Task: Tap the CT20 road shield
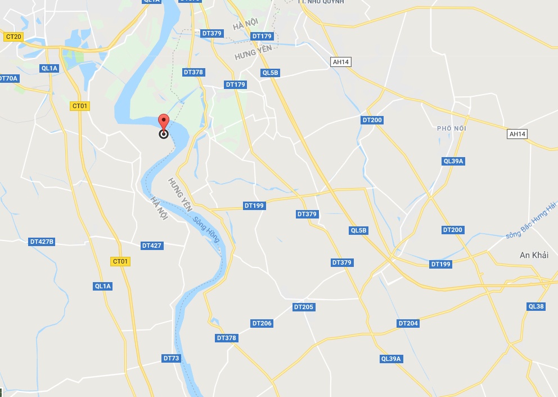(x=13, y=37)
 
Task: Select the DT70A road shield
(x=8, y=78)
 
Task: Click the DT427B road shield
(x=42, y=242)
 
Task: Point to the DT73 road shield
(x=171, y=358)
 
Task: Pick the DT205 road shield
(x=304, y=307)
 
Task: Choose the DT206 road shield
(x=262, y=323)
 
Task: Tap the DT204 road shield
(x=408, y=323)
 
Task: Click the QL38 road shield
(x=536, y=306)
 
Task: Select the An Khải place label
(x=534, y=255)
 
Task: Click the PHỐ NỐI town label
(x=452, y=128)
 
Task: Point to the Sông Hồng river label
(x=206, y=229)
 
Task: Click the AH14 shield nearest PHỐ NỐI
(x=517, y=134)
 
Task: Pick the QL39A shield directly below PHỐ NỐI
(x=453, y=161)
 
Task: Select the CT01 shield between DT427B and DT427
(x=121, y=261)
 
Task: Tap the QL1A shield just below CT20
(x=49, y=68)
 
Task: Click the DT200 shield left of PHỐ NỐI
(x=372, y=120)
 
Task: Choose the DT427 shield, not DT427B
(x=152, y=246)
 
